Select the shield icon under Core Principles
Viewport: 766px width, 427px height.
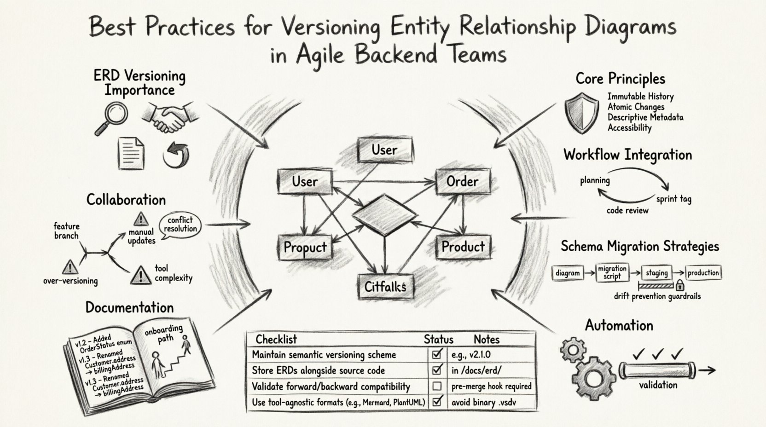point(582,112)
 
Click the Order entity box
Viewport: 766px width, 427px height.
point(463,181)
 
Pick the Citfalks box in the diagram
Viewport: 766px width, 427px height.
point(385,287)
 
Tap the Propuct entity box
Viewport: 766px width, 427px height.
point(305,248)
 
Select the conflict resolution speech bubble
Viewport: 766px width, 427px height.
point(180,225)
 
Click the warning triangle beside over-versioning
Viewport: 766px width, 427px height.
point(70,266)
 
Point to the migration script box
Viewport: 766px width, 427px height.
point(612,272)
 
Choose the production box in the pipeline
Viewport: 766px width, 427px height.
point(703,272)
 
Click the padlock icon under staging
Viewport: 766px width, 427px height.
point(679,285)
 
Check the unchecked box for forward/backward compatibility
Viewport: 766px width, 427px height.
point(437,386)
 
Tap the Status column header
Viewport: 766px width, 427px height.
point(438,340)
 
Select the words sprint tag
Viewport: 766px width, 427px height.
point(673,199)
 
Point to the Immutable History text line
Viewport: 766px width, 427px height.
point(640,97)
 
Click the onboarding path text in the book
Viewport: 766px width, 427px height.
point(164,334)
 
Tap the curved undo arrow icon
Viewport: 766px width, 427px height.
point(177,155)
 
